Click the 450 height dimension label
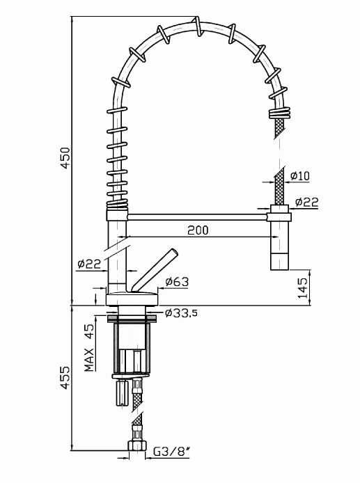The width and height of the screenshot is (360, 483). click(65, 158)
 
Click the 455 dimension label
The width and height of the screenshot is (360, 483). click(65, 378)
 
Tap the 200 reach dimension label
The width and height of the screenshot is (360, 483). click(198, 230)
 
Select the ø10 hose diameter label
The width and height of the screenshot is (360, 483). click(299, 175)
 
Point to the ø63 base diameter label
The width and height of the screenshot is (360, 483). click(177, 282)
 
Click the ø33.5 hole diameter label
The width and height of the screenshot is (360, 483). click(181, 313)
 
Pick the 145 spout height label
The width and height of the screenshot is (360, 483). click(303, 287)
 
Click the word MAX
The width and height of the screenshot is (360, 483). click(89, 360)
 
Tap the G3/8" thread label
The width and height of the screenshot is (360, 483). click(171, 452)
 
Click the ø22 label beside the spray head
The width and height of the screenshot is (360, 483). click(306, 202)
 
